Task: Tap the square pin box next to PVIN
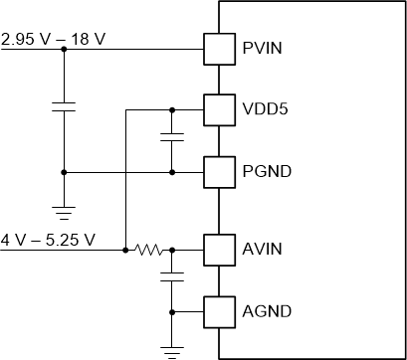(x=217, y=47)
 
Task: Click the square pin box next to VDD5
(x=217, y=109)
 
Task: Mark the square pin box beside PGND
(x=217, y=172)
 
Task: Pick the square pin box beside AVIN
(x=217, y=249)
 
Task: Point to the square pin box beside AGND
(x=217, y=311)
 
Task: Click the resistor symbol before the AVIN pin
(x=151, y=249)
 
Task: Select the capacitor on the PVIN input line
(x=63, y=106)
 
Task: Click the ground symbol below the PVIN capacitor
(x=63, y=211)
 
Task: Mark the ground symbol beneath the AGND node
(x=172, y=349)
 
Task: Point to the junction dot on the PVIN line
(x=63, y=47)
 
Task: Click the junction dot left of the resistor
(x=124, y=249)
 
